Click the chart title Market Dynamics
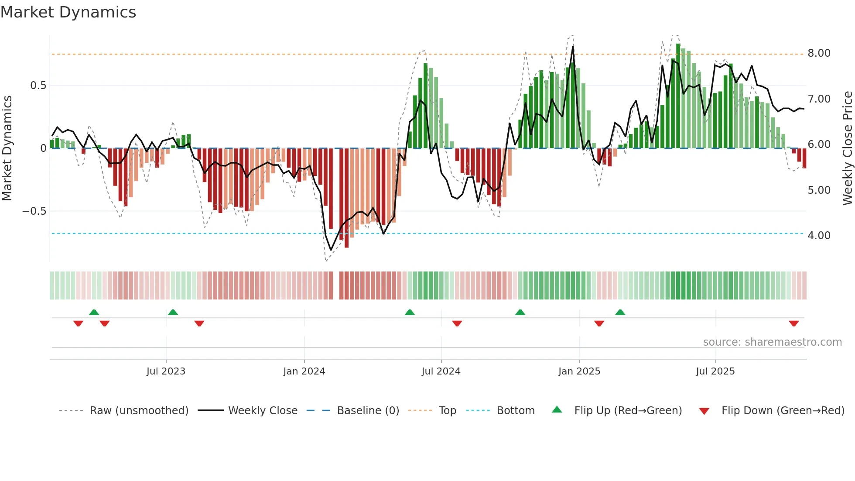(68, 12)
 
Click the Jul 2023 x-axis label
(166, 371)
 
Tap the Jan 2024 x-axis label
(304, 371)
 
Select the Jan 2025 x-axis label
(579, 371)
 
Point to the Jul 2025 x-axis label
(715, 371)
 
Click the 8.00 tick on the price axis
(819, 53)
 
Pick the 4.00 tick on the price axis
(819, 236)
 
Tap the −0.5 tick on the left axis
(34, 211)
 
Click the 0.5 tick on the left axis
(38, 86)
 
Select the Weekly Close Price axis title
(847, 148)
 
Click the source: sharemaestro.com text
(772, 342)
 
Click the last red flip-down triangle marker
(794, 323)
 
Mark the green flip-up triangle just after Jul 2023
(173, 313)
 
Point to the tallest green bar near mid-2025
(678, 96)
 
